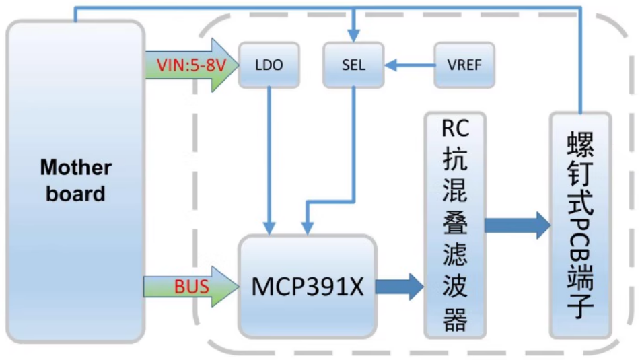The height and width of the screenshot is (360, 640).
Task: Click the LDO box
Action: point(269,65)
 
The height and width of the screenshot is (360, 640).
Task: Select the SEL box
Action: point(353,65)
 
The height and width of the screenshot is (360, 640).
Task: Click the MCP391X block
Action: point(307,287)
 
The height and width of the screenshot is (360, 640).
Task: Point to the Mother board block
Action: point(75,180)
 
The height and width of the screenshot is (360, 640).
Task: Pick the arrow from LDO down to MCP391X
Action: point(269,161)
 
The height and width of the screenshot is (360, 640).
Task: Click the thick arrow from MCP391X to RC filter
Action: point(399,287)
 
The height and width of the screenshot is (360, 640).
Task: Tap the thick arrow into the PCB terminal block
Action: point(517,225)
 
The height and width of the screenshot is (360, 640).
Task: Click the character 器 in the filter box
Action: point(455,320)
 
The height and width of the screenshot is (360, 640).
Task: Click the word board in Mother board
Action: point(75,194)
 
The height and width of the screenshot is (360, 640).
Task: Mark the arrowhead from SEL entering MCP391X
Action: point(307,229)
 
